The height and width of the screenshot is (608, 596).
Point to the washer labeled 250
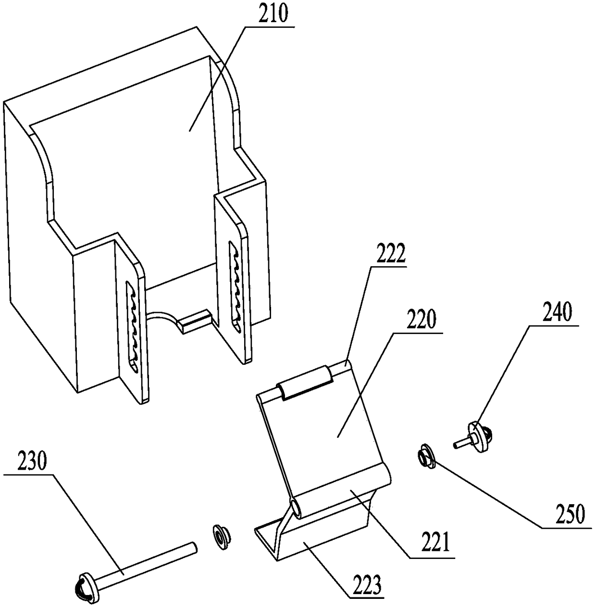[x=425, y=455]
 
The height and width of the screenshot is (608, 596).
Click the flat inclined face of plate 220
[x=332, y=433]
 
